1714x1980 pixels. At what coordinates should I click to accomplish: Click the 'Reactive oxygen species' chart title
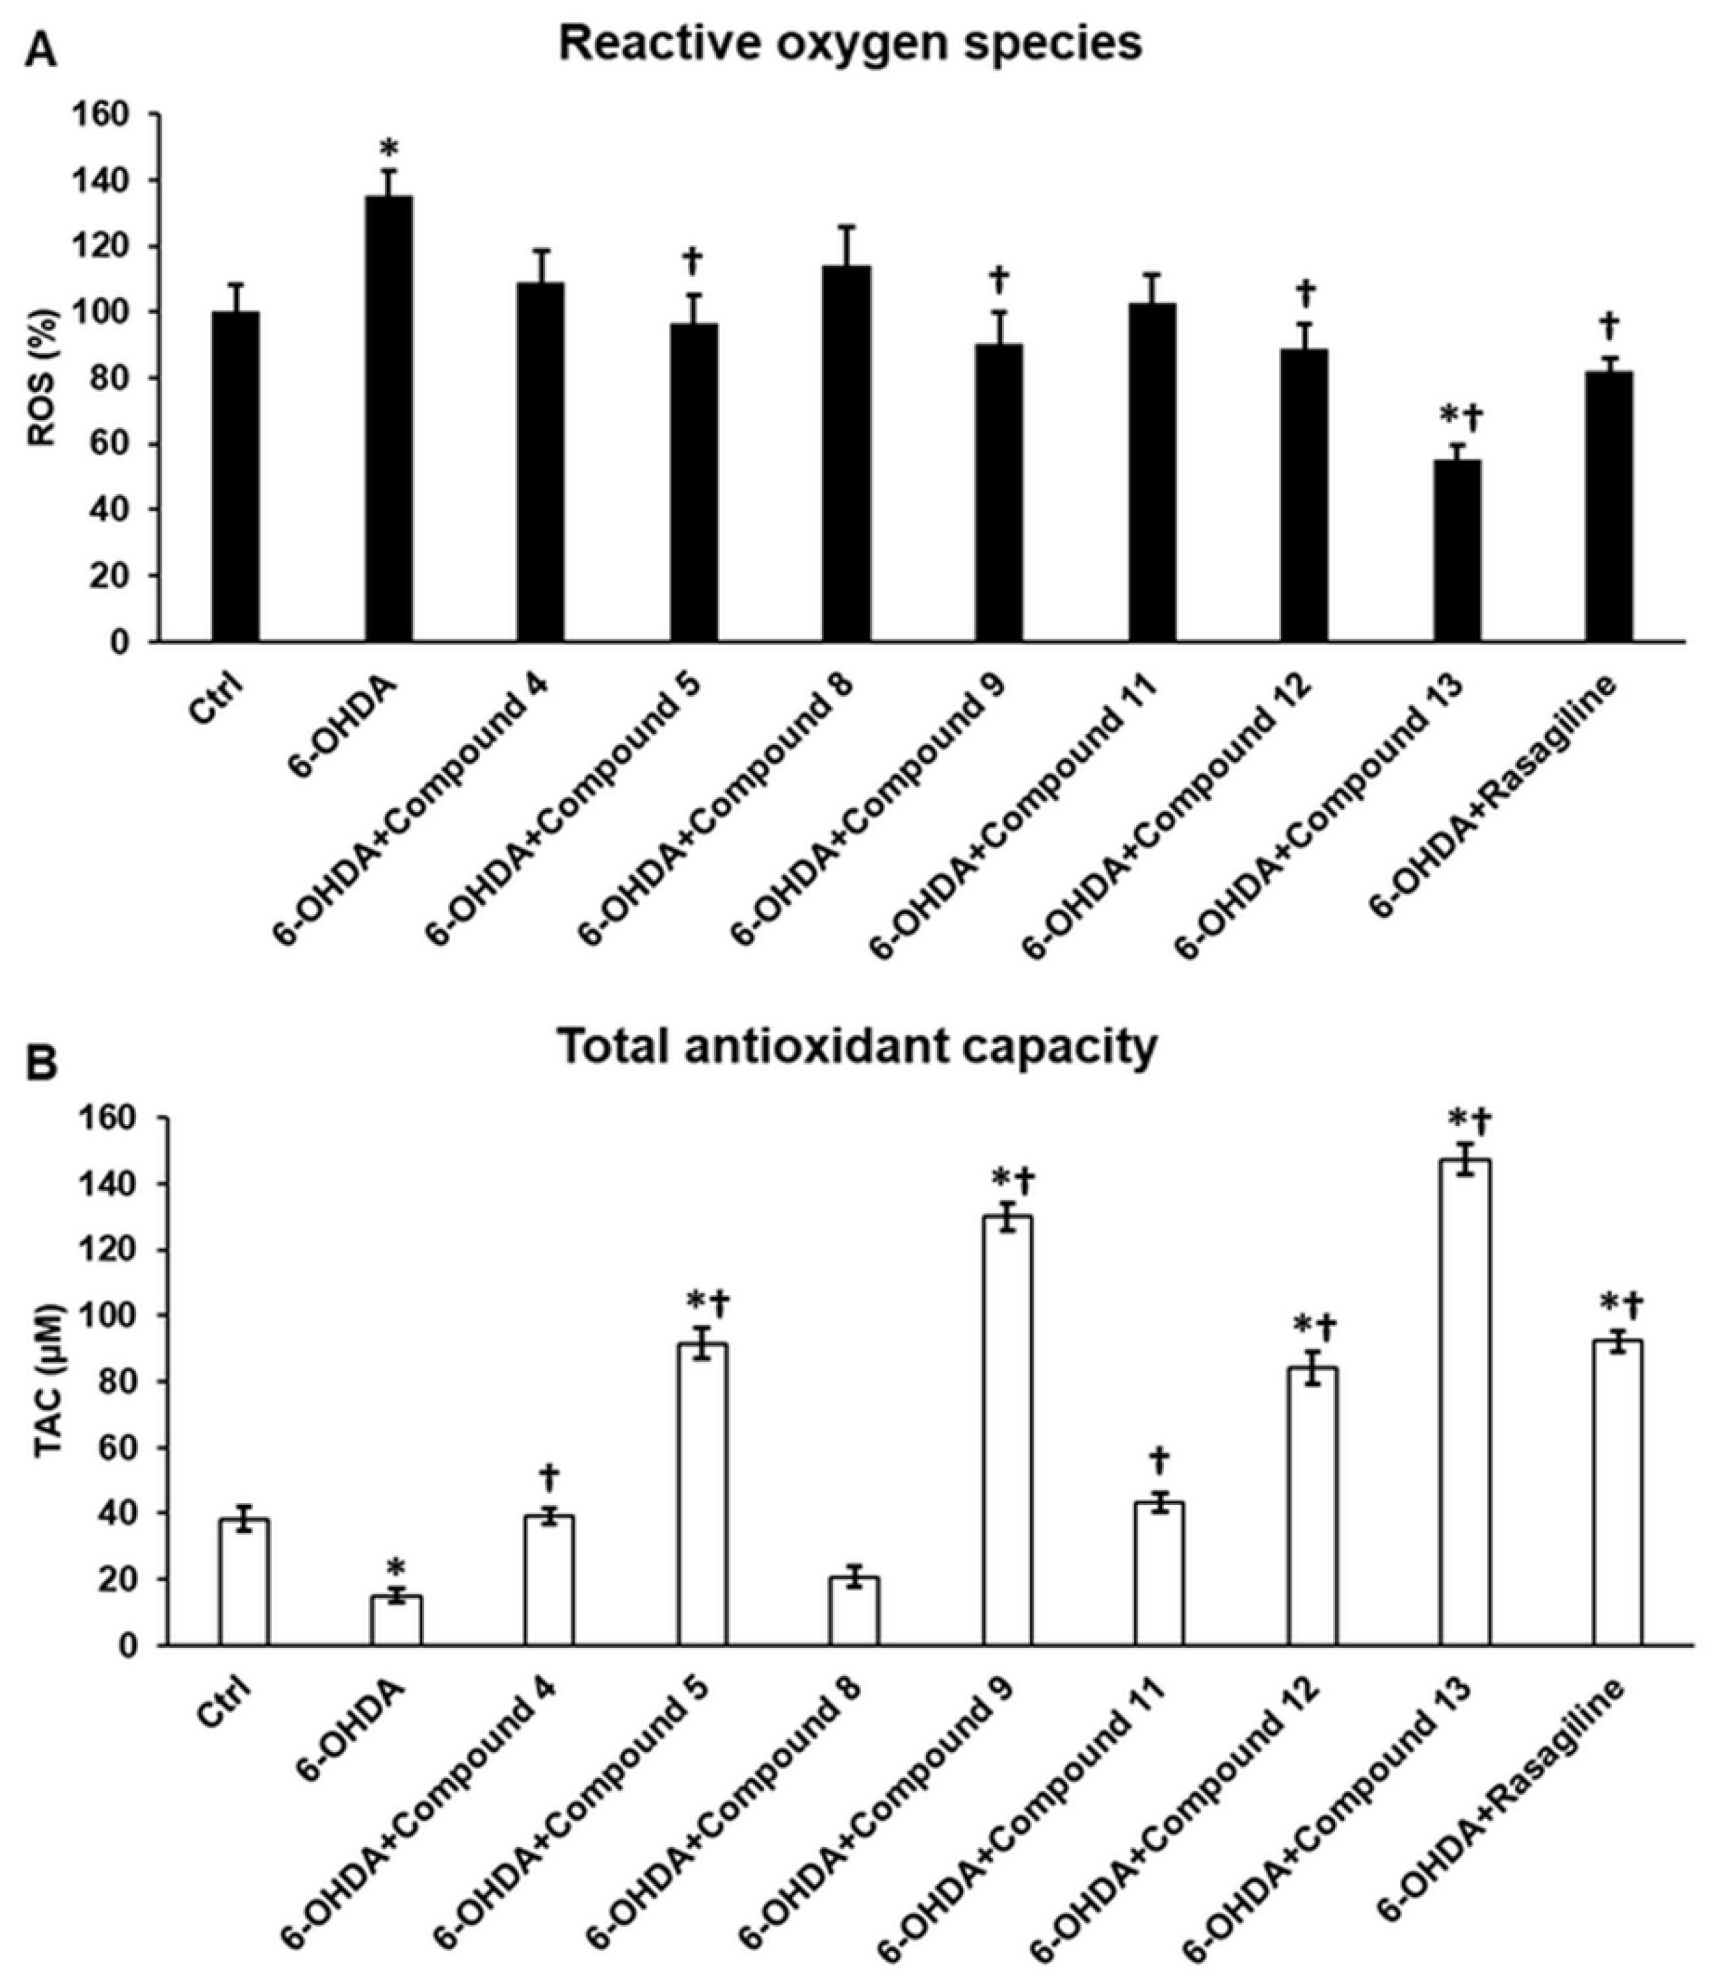pos(850,43)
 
